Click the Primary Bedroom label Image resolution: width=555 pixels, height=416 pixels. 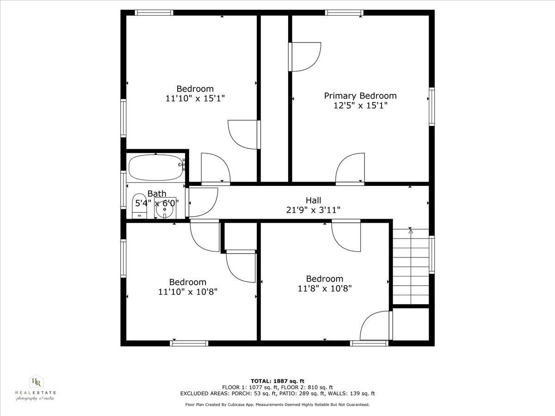click(360, 96)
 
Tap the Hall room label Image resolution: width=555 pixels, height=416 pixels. click(314, 200)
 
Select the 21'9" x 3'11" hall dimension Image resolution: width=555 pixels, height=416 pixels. click(314, 210)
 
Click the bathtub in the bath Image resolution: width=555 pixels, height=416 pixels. click(155, 167)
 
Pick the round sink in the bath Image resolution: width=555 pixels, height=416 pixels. click(164, 211)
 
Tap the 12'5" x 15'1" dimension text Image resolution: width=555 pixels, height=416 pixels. click(360, 105)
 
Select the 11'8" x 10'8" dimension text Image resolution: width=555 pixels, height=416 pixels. click(325, 288)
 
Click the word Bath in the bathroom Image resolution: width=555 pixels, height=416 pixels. click(157, 194)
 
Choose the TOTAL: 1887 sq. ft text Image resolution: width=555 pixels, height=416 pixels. click(277, 381)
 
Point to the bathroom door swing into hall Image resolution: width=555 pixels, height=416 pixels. click(203, 202)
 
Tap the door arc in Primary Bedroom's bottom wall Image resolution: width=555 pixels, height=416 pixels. click(350, 169)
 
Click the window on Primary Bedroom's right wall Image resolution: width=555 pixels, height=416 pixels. click(431, 106)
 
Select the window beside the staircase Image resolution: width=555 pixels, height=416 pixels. click(431, 254)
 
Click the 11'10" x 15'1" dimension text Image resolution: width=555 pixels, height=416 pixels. click(195, 98)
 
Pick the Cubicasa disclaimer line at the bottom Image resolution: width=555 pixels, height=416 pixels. click(277, 404)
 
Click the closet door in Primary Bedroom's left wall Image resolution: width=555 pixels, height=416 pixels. click(304, 57)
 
